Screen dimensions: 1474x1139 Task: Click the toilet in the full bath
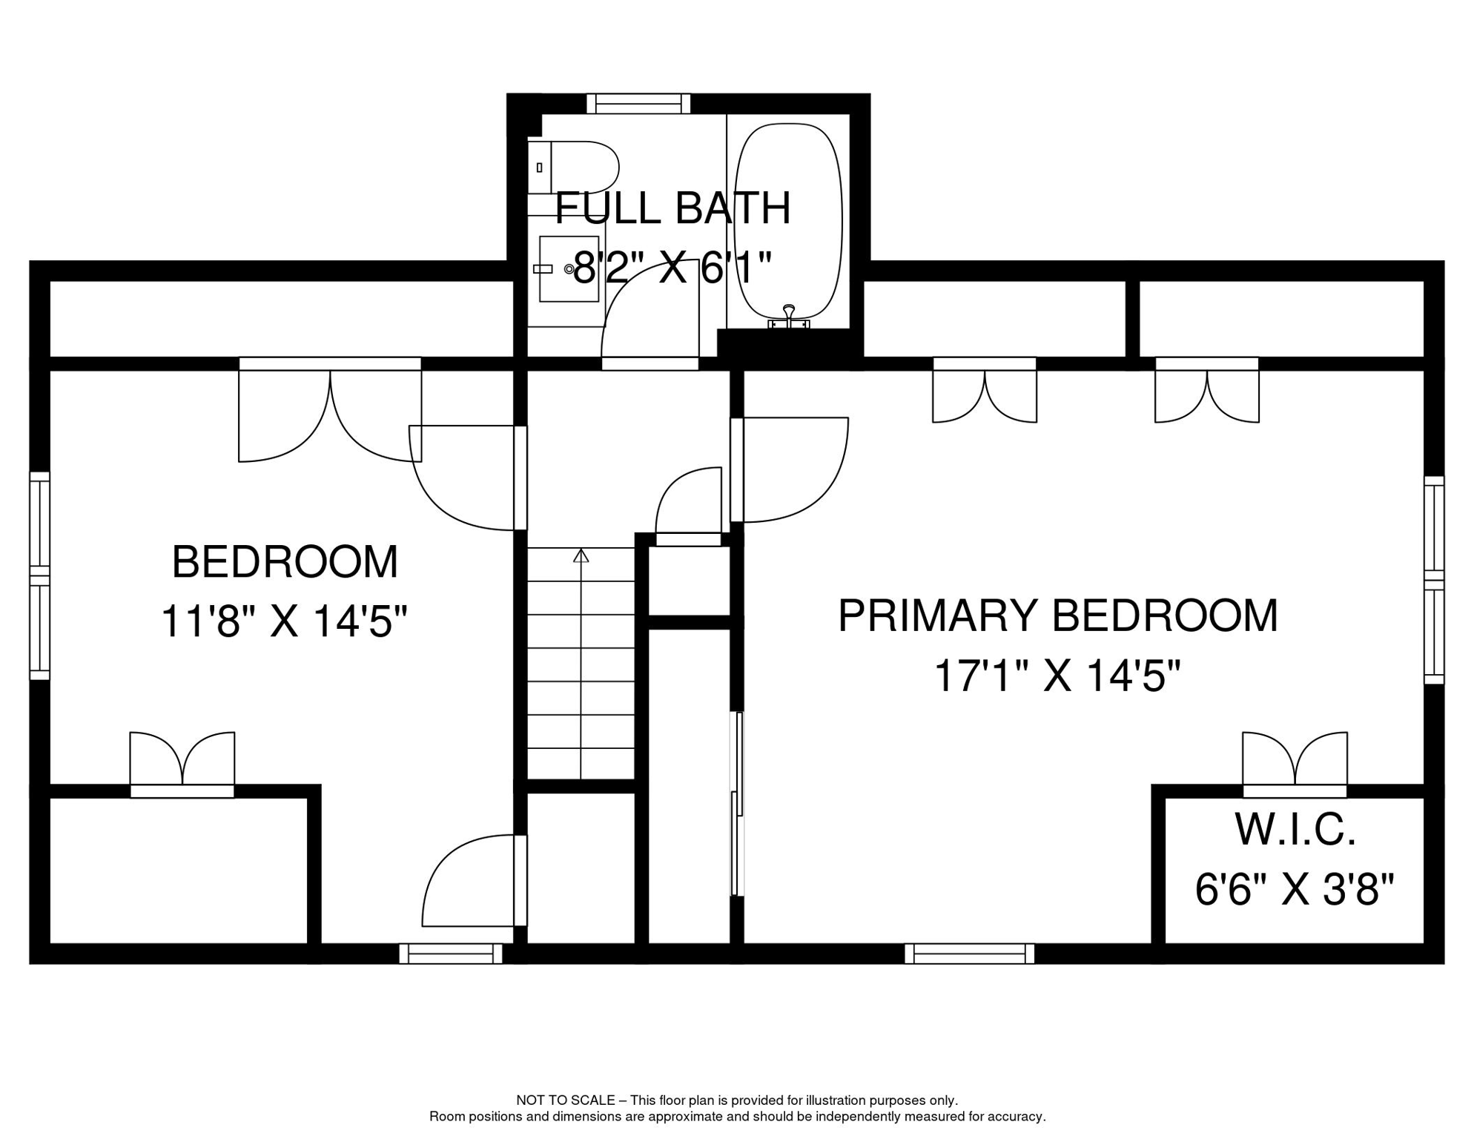tap(573, 168)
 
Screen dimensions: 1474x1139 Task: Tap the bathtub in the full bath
tap(788, 221)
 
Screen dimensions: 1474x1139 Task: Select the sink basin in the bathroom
tap(569, 269)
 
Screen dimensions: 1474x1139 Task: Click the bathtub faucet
tap(788, 317)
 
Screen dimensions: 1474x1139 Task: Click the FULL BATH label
tap(673, 208)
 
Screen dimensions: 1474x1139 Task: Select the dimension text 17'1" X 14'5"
tap(1057, 676)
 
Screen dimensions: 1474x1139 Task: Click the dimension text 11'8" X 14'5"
tap(285, 621)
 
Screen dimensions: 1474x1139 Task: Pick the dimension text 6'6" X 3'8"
tap(1295, 889)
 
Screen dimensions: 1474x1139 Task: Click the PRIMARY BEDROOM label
tap(1058, 615)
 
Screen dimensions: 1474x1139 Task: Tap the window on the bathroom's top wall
tap(638, 103)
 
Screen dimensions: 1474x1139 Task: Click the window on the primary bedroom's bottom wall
tap(969, 954)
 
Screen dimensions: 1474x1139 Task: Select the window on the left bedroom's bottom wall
tap(451, 954)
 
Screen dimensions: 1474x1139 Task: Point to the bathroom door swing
tap(650, 314)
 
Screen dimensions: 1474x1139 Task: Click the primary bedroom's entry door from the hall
tap(789, 470)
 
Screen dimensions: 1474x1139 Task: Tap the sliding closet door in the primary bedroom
tap(738, 804)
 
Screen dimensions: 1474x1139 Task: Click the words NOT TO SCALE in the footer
tap(566, 1100)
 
